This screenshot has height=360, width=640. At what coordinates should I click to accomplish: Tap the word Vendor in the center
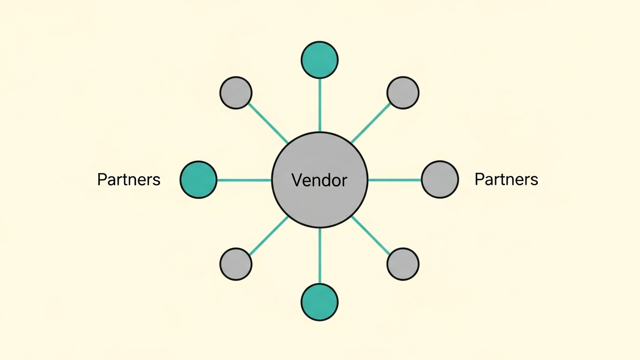point(319,180)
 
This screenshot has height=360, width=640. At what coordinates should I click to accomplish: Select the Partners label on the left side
point(128,180)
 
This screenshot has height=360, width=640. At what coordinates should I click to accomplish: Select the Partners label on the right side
point(506,180)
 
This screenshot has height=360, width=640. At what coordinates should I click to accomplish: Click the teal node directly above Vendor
point(319,60)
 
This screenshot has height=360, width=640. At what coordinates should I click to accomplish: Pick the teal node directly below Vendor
point(319,302)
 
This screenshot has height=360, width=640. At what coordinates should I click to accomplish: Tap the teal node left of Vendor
point(198,180)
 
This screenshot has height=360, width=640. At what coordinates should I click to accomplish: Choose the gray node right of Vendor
point(440,180)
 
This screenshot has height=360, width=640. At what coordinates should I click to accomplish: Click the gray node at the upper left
point(236,93)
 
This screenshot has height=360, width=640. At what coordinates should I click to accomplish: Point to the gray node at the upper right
point(403,93)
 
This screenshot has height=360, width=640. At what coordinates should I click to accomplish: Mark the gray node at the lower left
point(236,264)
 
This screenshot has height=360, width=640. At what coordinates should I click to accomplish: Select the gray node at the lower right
point(403,264)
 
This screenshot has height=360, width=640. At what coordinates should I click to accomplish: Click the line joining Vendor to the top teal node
point(320,105)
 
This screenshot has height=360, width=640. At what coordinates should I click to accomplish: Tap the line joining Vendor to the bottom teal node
point(320,255)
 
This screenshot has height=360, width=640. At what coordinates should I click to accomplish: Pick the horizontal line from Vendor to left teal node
point(244,180)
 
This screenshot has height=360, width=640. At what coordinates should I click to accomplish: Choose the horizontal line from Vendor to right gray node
point(395,180)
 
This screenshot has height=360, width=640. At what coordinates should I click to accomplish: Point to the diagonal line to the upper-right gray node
point(370,123)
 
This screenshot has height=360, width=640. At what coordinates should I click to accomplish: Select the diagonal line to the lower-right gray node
point(371,236)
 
